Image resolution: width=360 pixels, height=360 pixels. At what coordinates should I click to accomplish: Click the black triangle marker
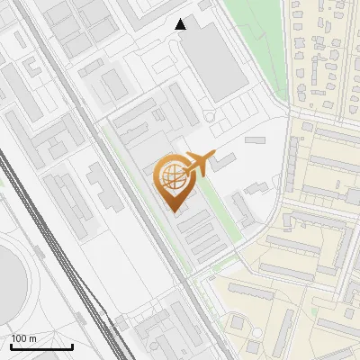pyautogui.click(x=181, y=24)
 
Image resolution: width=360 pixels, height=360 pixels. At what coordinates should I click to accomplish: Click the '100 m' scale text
pyautogui.click(x=24, y=338)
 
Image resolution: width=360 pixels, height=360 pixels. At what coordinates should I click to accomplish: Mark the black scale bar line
pyautogui.click(x=41, y=346)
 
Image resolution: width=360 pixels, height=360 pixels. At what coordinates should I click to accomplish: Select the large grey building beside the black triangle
pyautogui.click(x=215, y=58)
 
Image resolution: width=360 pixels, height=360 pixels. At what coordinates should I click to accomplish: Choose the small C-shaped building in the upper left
pyautogui.click(x=32, y=67)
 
